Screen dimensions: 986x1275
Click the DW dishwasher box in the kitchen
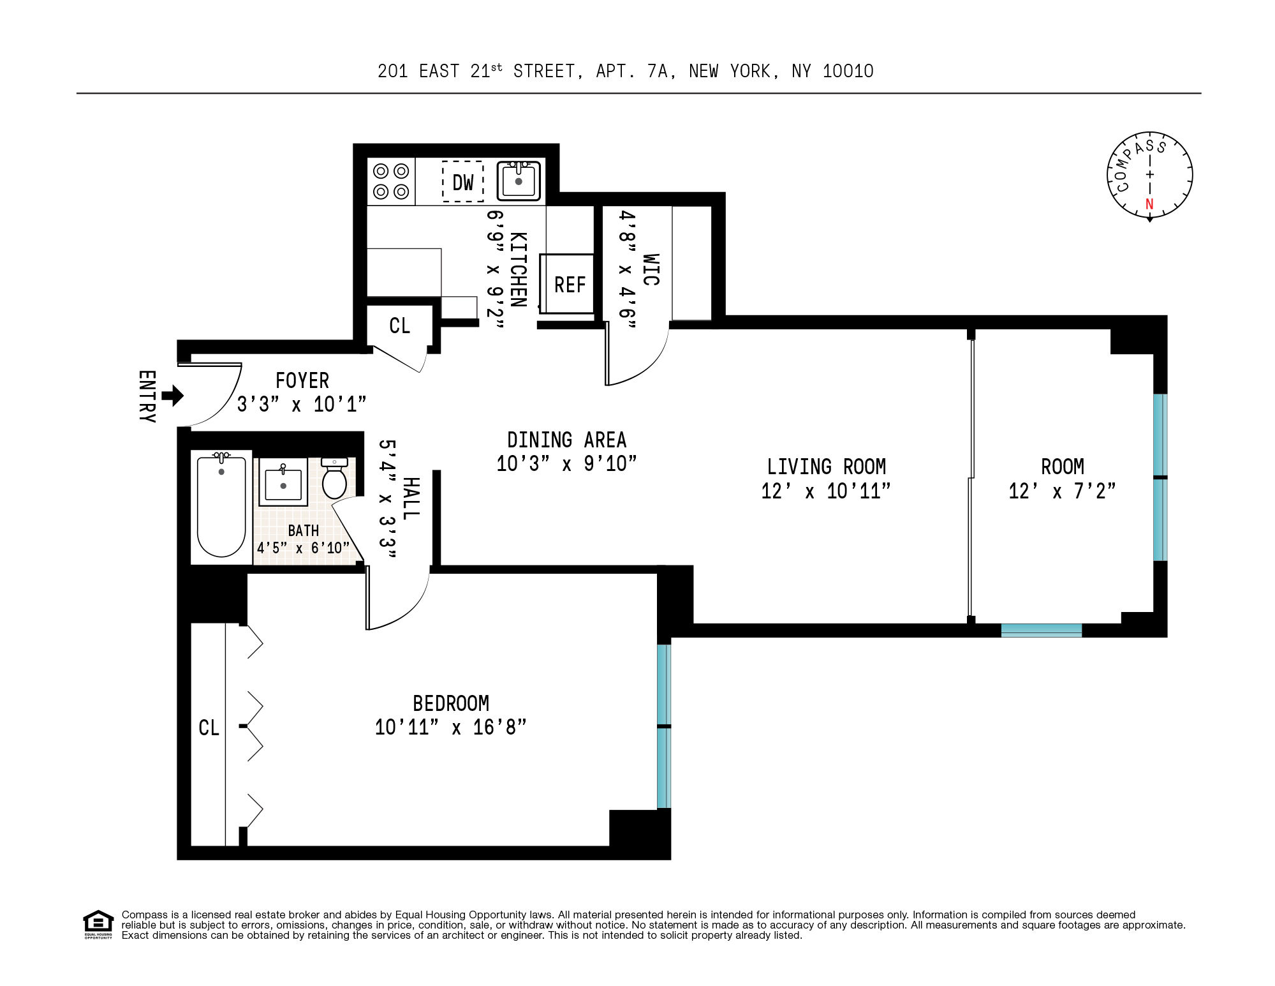(463, 182)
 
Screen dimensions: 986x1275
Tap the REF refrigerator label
(570, 285)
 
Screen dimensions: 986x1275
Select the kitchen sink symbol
(519, 181)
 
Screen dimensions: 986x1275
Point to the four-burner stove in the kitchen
(391, 181)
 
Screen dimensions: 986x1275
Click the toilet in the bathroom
(334, 479)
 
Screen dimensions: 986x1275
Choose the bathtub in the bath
(221, 506)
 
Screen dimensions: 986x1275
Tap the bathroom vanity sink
(283, 482)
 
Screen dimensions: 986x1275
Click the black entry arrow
(173, 396)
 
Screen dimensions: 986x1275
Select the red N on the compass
(1149, 204)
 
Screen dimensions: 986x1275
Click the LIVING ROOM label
(826, 467)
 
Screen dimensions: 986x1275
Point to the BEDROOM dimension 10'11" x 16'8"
(450, 727)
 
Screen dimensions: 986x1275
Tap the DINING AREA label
(566, 440)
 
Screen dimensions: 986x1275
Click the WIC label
(651, 269)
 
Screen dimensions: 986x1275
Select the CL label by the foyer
(400, 325)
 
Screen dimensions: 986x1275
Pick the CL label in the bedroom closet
(209, 728)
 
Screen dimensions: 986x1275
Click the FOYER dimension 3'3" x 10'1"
(302, 404)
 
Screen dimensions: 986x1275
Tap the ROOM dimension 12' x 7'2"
(1062, 491)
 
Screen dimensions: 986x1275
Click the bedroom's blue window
(664, 726)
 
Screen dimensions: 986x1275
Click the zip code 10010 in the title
(848, 71)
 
